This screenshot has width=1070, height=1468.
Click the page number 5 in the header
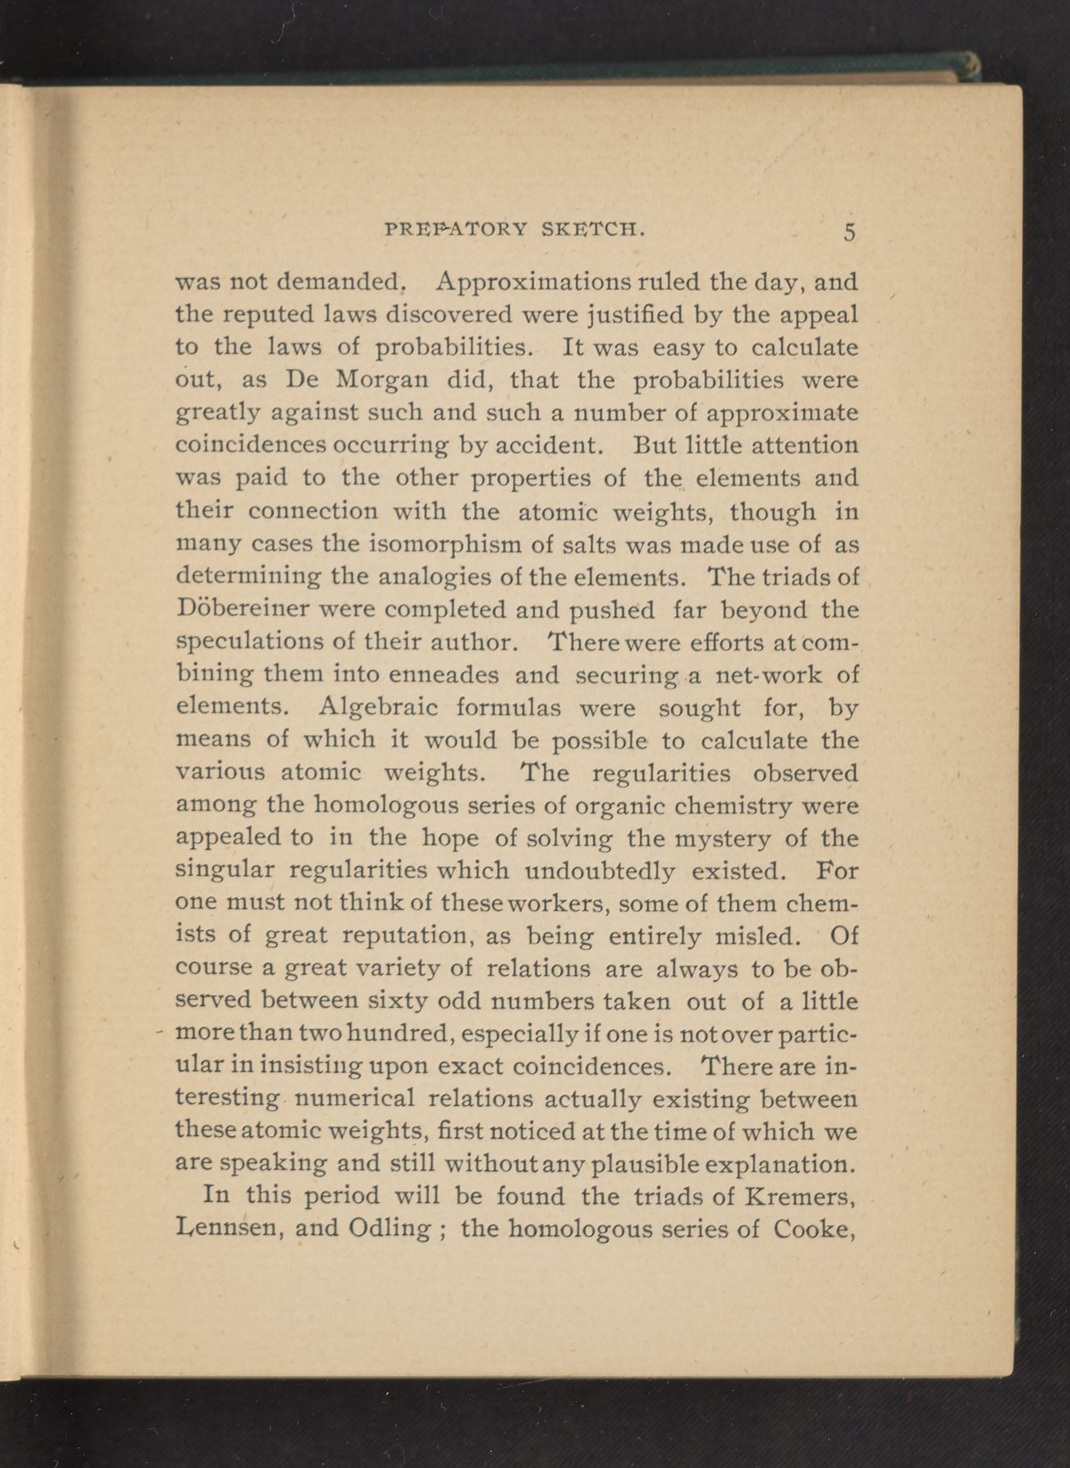[849, 233]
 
